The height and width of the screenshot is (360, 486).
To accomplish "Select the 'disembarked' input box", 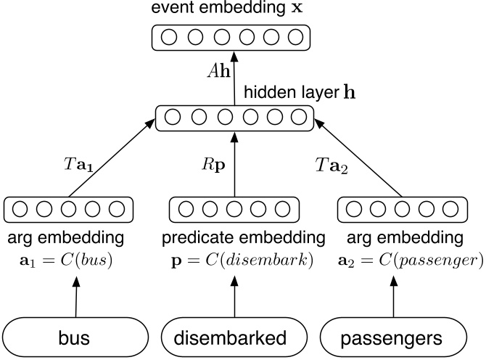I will (234, 338).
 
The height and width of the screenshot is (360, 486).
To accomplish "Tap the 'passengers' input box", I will (401, 338).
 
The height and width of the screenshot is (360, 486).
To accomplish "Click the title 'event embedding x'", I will (233, 9).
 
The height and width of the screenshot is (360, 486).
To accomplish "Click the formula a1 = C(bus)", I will (65, 259).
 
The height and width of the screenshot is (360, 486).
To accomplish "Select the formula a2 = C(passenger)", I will (401, 259).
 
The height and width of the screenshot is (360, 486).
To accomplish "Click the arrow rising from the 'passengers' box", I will (401, 298).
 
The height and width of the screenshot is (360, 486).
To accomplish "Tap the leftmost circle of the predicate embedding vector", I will (184, 209).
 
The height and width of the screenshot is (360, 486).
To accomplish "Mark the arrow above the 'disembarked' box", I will (234, 298).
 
